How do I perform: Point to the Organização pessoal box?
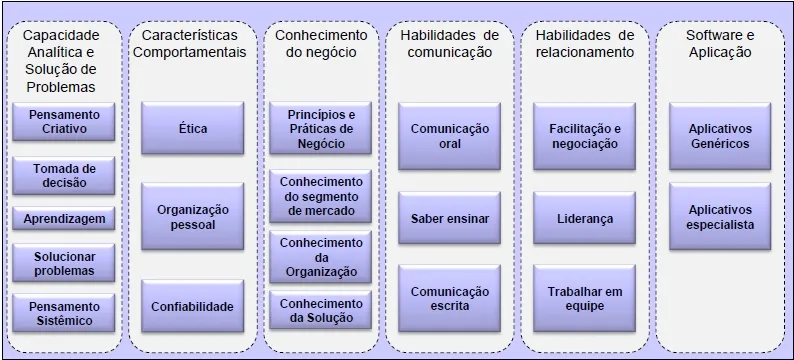(x=192, y=217)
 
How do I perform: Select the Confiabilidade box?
(x=192, y=306)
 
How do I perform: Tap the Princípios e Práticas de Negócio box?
(x=320, y=130)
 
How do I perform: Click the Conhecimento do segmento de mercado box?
(x=320, y=196)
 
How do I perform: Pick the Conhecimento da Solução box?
(x=320, y=311)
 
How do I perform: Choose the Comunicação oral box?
(x=449, y=135)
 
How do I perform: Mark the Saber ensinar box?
(x=449, y=218)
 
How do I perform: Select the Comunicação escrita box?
(x=449, y=298)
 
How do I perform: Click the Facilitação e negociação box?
(x=584, y=135)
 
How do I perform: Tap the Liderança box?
(x=584, y=218)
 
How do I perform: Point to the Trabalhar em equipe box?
(x=584, y=298)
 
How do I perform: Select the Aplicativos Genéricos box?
(x=719, y=135)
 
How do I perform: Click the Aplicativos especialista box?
(x=719, y=217)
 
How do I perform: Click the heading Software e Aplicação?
(x=719, y=44)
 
